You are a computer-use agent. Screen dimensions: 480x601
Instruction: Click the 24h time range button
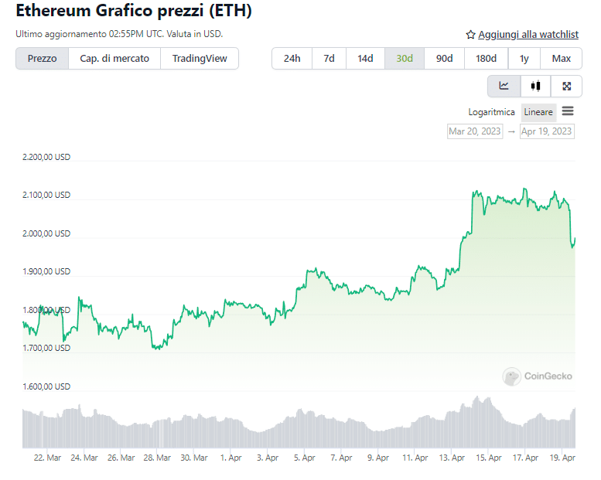[x=292, y=59]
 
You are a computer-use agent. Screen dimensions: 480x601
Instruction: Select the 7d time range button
[x=329, y=59]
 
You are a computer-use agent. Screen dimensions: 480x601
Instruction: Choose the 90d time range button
[x=444, y=59]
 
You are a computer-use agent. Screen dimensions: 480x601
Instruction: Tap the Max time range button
[x=561, y=59]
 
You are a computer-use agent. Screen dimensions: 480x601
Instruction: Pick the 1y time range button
[x=524, y=59]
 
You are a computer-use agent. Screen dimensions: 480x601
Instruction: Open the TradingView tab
[x=200, y=59]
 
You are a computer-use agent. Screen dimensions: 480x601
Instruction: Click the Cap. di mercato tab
[x=114, y=59]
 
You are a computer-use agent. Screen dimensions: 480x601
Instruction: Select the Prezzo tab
[x=42, y=59]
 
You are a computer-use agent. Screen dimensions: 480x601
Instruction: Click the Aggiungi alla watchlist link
[x=528, y=35]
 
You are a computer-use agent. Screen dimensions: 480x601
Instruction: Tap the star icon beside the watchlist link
[x=470, y=35]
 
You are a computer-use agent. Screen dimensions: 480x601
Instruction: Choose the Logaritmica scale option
[x=491, y=112]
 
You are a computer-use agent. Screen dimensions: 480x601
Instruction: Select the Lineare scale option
[x=538, y=112]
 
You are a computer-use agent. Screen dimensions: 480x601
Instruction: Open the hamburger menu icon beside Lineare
[x=568, y=111]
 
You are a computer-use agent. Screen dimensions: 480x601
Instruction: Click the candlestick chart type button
[x=535, y=86]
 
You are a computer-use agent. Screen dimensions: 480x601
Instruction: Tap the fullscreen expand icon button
[x=566, y=86]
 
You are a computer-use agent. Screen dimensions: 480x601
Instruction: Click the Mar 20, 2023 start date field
[x=475, y=131]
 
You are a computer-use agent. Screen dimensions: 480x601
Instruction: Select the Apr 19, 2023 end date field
[x=547, y=131]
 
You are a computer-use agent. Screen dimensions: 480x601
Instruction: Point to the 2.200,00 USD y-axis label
[x=46, y=157]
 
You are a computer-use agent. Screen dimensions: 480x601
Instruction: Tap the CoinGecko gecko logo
[x=511, y=376]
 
